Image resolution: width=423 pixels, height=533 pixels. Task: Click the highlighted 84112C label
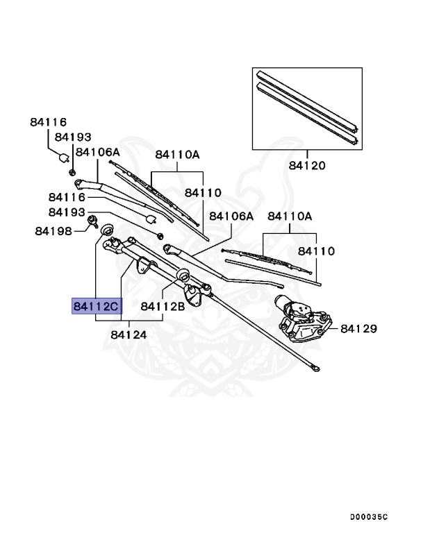tap(97, 305)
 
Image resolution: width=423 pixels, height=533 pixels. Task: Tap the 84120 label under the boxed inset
tap(308, 166)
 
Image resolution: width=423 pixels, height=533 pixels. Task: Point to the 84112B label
tap(162, 305)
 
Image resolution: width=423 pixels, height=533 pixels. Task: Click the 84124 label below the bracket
tap(128, 335)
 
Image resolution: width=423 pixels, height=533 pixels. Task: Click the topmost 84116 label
tap(48, 121)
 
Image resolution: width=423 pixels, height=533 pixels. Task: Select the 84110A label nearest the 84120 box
tap(290, 217)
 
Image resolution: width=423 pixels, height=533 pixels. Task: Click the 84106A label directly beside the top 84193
tap(98, 152)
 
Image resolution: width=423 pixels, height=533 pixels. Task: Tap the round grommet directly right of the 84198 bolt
tap(108, 230)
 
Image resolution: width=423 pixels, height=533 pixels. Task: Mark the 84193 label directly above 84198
tap(67, 212)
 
